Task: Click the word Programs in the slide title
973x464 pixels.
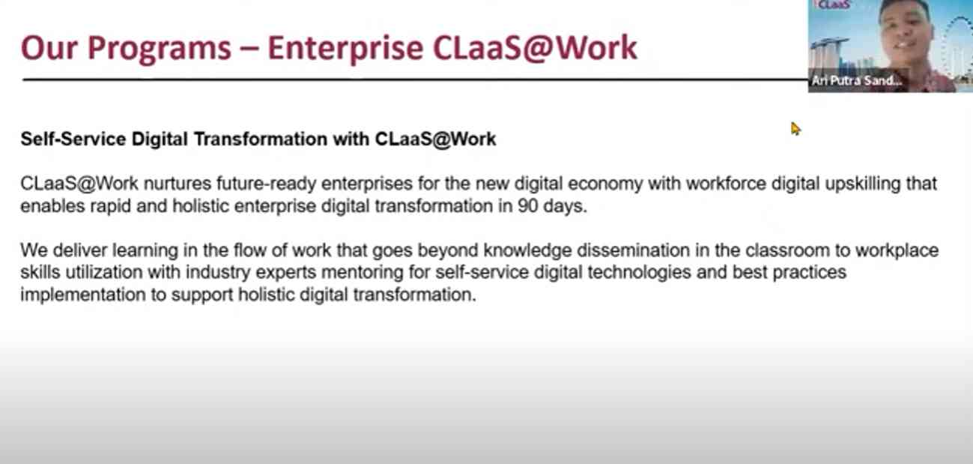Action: (x=159, y=49)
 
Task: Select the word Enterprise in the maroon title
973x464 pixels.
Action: (x=345, y=49)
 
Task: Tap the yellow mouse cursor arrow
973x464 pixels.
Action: (x=795, y=129)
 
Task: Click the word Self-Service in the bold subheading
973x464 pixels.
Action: (x=73, y=139)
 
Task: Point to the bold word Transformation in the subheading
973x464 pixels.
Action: (x=261, y=139)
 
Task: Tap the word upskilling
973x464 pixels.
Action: (x=862, y=184)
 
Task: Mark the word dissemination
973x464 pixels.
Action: (x=633, y=250)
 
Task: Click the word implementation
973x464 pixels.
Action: (x=83, y=295)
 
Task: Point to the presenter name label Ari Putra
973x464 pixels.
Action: (x=837, y=81)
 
